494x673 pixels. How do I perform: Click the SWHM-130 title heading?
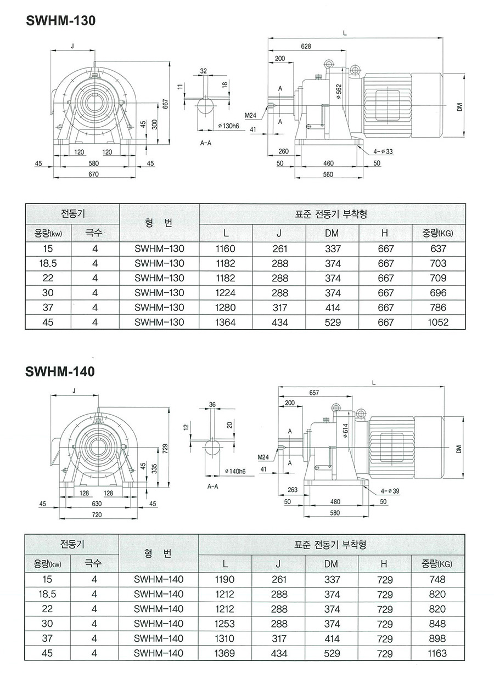(x=60, y=21)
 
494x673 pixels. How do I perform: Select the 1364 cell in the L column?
(x=226, y=323)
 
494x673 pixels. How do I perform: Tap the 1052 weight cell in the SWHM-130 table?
(x=438, y=323)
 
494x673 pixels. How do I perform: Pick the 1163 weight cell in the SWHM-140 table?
(x=438, y=653)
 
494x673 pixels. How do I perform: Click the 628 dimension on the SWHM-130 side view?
(x=306, y=47)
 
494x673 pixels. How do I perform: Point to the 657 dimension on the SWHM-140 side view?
(x=314, y=393)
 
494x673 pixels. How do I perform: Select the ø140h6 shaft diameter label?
(x=235, y=471)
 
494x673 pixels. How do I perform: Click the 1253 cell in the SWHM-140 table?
(x=225, y=624)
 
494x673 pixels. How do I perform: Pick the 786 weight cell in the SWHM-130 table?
(x=438, y=308)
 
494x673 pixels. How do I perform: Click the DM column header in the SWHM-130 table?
(x=332, y=234)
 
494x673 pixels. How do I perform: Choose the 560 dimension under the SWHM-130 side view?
(x=328, y=174)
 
